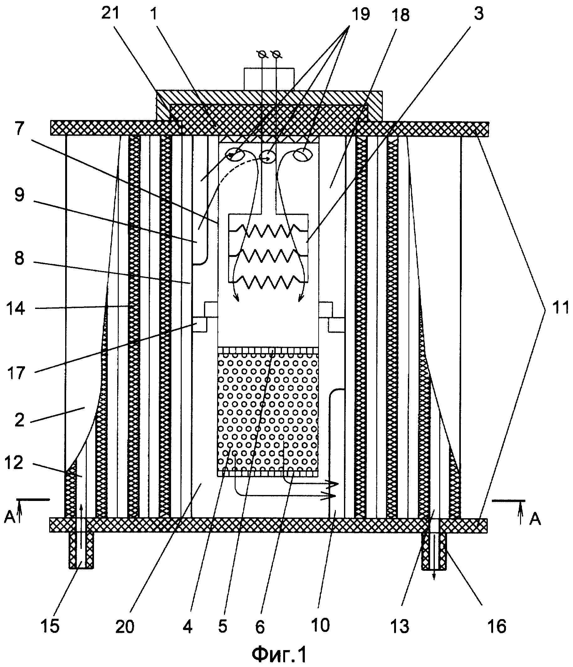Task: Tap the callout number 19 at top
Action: pos(361,14)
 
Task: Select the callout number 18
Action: pos(400,15)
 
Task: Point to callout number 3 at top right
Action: pos(479,14)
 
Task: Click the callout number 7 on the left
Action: pos(19,129)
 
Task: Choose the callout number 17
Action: pos(15,373)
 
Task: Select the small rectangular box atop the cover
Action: pos(269,79)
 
